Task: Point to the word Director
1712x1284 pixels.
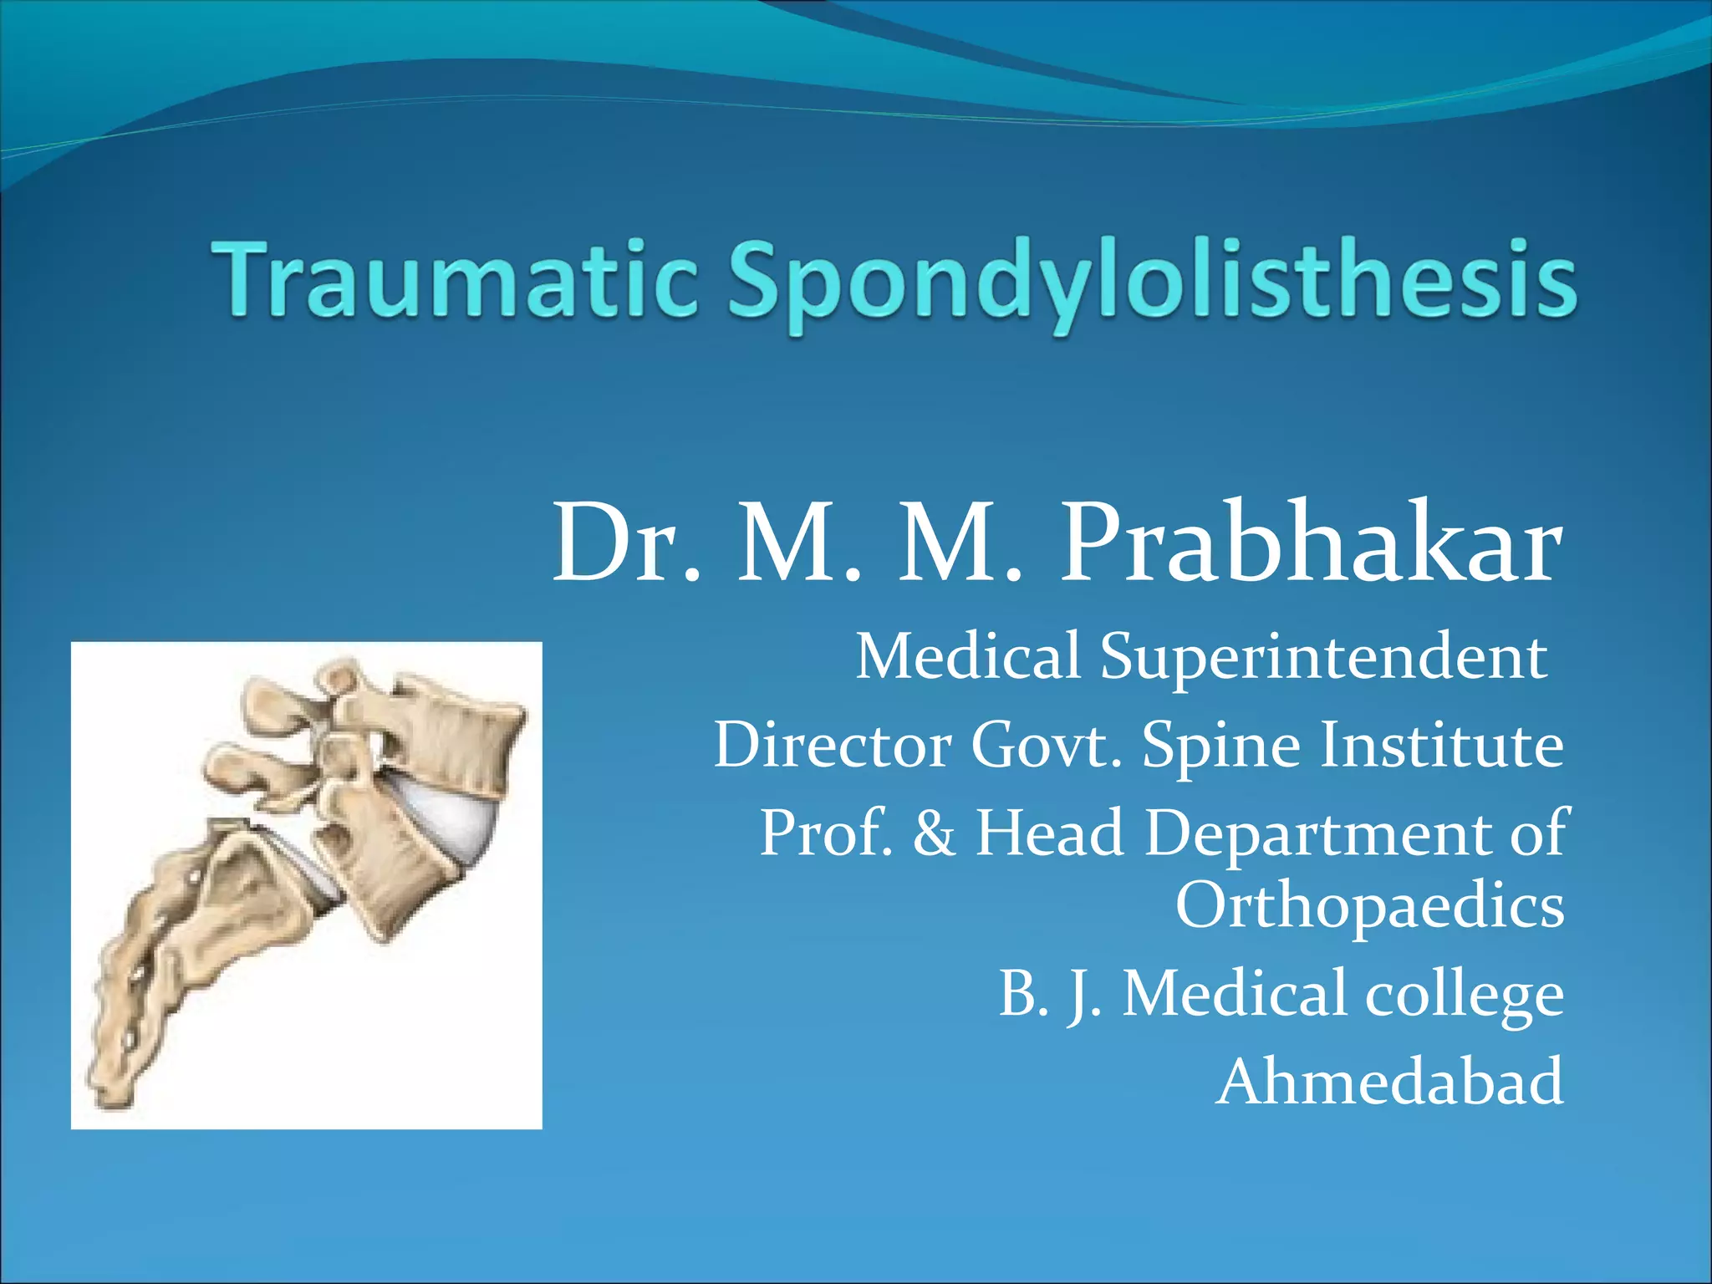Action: tap(832, 745)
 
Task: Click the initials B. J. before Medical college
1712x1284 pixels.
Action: tap(1050, 995)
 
